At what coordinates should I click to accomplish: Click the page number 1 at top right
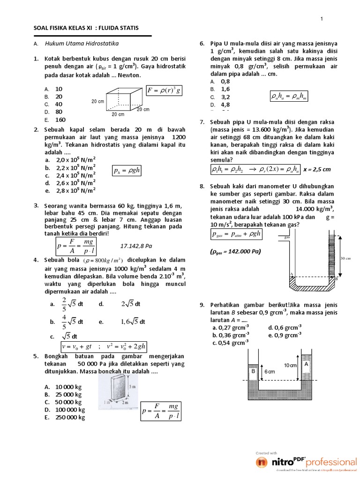322,19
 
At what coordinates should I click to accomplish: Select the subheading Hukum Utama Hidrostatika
82,44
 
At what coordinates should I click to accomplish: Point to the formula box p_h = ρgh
127,171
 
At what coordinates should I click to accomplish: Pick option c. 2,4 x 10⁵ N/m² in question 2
72,175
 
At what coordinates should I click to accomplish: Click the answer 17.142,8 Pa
136,245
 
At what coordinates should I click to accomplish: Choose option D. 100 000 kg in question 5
65,410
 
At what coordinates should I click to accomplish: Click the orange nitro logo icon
262,463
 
